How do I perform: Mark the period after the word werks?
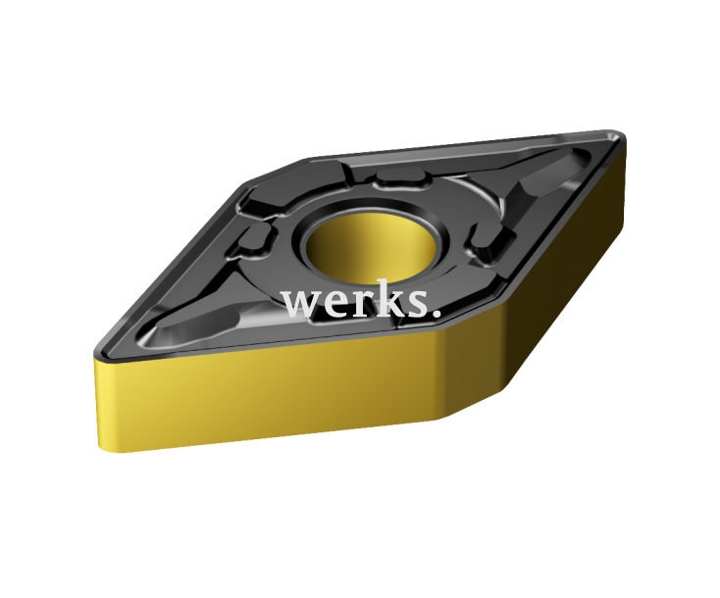click(435, 315)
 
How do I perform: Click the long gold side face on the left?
click(265, 392)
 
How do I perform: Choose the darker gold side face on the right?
click(549, 294)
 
